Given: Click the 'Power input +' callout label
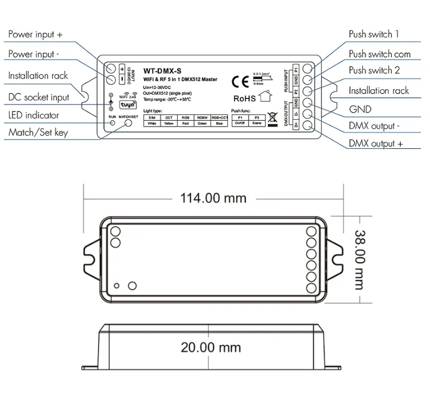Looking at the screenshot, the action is (x=35, y=35).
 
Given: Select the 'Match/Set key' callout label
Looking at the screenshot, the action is (x=38, y=132).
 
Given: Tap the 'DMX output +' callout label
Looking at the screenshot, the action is (x=375, y=143).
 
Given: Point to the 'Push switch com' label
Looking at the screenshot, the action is (x=379, y=54).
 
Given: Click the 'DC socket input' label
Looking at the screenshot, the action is (x=39, y=97).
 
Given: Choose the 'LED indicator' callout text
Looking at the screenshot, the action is (x=34, y=115).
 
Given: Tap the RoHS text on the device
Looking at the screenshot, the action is (x=244, y=99).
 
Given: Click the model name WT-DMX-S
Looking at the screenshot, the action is (x=159, y=70).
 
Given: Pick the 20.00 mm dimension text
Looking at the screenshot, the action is (x=211, y=347).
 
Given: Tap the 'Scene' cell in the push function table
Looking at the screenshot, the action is (x=256, y=123).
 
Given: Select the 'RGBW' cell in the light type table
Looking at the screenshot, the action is (x=202, y=117).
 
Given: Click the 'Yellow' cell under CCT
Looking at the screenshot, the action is (x=169, y=123).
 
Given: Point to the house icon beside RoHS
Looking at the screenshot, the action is (x=266, y=97).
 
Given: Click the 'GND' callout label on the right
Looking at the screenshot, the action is (x=360, y=109).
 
